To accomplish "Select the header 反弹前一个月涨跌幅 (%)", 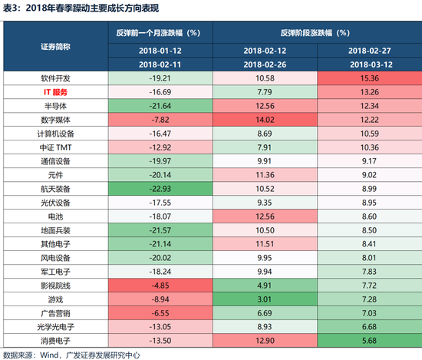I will (x=158, y=33).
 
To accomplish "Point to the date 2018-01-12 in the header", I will (x=158, y=50).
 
